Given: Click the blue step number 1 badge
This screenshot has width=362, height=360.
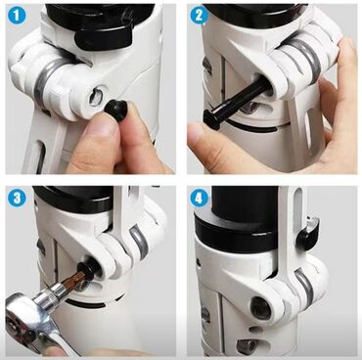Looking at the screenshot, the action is (17, 15).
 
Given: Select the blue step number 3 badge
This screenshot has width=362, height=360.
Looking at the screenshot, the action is (17, 198).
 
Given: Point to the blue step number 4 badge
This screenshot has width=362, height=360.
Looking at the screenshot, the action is (200, 198).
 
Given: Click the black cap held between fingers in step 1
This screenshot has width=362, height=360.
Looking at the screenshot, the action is (115, 111).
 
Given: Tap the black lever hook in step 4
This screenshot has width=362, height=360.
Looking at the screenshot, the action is (307, 232).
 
